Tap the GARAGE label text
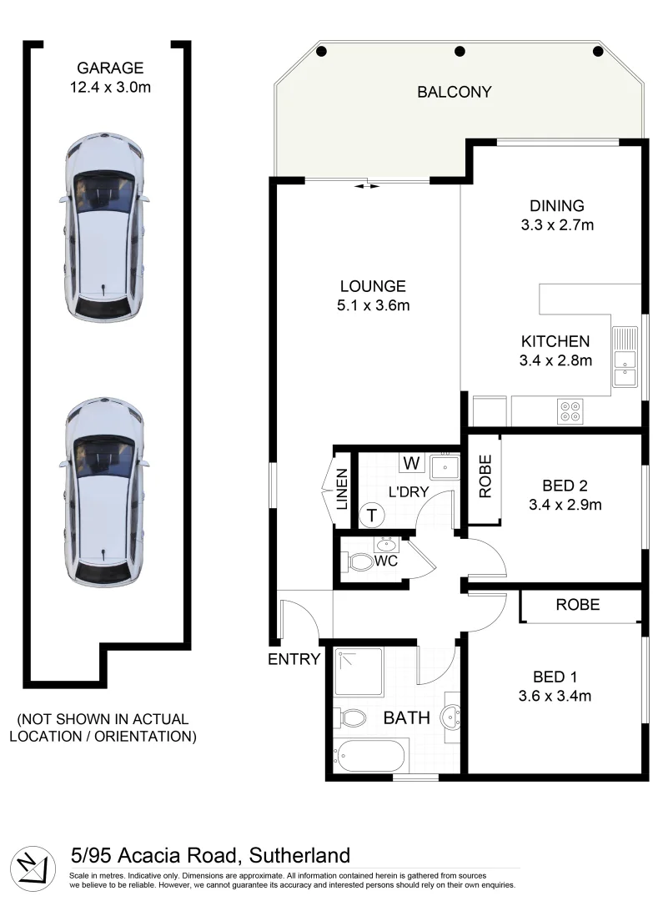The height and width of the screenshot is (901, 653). click(110, 68)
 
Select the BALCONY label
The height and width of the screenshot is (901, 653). click(455, 92)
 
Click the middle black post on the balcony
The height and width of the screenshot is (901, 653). click(460, 52)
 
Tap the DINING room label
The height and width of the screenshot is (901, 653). click(556, 206)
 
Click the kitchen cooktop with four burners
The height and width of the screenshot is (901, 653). click(571, 409)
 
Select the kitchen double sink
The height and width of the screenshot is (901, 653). click(625, 360)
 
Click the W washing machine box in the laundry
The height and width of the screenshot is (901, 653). click(411, 462)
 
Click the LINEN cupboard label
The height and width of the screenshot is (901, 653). click(342, 490)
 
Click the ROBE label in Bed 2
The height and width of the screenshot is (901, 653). click(484, 477)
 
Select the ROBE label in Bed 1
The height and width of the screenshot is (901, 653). click(577, 605)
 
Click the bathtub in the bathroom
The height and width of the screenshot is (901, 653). click(370, 758)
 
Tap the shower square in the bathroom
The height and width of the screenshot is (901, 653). click(359, 672)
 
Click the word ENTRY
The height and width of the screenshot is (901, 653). click(294, 660)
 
